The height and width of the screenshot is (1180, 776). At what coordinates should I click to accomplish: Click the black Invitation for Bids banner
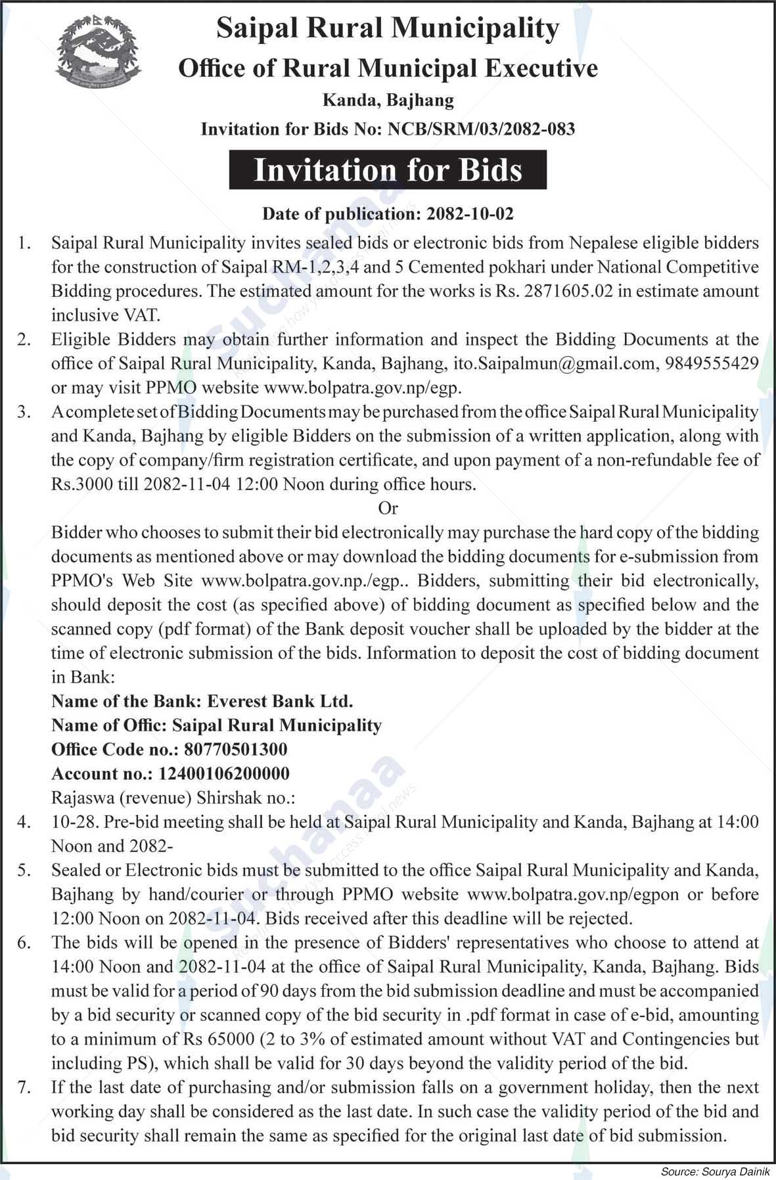coord(388,170)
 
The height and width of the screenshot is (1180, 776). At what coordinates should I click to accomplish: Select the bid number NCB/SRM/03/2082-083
coord(478,129)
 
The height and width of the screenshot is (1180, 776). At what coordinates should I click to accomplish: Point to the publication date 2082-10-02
coord(469,214)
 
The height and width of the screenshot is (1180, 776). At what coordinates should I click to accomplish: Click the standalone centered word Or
coord(388,508)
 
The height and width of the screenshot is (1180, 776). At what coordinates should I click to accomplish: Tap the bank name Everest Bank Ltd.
coord(280,701)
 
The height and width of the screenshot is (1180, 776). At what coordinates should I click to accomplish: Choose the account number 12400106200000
coord(224,774)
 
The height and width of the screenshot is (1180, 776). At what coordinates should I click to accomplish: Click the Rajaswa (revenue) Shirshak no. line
coord(173,798)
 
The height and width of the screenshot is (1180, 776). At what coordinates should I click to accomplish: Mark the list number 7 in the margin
coord(24,1087)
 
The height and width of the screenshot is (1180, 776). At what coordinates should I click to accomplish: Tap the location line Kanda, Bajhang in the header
coord(388,101)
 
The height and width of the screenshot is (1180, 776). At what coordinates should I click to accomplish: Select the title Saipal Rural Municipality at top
coord(388,28)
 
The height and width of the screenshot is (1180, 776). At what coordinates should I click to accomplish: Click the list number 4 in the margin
coord(24,822)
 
